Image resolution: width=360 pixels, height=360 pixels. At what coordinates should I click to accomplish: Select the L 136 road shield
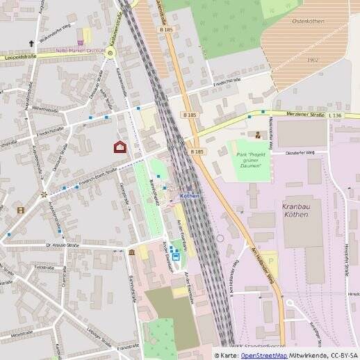336,115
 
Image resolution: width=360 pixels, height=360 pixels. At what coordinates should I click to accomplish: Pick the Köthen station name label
190,196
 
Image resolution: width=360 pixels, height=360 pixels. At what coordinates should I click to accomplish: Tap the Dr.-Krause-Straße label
63,245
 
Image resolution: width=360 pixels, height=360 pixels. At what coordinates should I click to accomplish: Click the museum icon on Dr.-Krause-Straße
131,252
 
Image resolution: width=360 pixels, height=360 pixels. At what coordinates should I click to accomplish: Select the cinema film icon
21,210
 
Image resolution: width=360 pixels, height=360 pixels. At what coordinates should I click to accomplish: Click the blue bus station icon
176,257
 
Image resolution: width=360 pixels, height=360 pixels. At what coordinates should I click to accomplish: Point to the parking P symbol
271,261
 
